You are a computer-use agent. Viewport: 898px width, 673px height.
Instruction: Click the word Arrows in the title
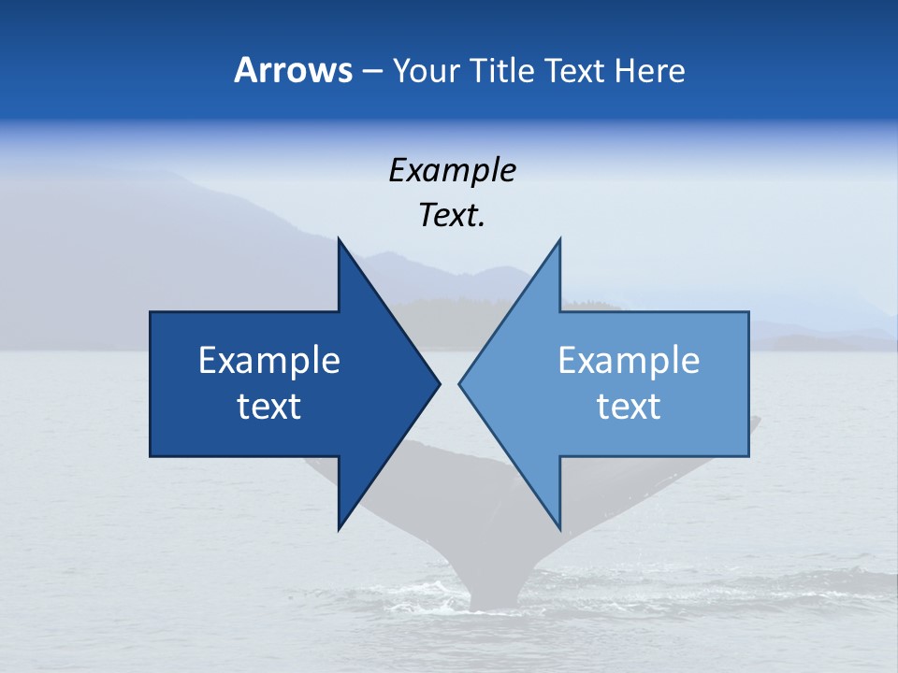tap(293, 70)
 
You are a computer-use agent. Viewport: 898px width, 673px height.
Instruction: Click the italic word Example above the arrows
tap(453, 170)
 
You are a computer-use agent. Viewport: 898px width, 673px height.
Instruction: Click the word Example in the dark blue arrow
tap(269, 360)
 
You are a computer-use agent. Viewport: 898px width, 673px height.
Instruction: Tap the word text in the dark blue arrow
tap(269, 407)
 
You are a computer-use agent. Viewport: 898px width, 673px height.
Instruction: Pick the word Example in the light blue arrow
tap(629, 360)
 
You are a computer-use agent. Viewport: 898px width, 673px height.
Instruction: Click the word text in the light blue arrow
tap(629, 407)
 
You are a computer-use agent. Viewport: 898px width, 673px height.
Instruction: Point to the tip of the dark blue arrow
tap(439, 383)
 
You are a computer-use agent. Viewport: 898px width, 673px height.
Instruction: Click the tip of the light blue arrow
tap(460, 383)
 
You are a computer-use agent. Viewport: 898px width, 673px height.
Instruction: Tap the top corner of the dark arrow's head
tap(339, 239)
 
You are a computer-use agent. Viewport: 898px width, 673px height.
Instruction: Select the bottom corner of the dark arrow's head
tap(339, 529)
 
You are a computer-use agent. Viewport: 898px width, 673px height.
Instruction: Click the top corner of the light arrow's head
tap(559, 239)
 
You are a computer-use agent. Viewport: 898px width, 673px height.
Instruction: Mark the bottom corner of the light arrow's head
tap(559, 529)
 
